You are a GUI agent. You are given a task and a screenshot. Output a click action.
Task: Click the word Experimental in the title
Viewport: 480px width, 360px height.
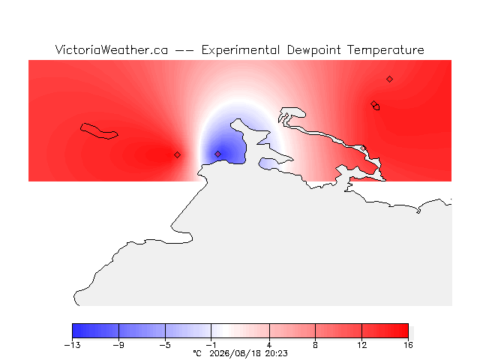point(241,50)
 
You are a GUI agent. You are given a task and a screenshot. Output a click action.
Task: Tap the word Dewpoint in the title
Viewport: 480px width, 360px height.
point(313,50)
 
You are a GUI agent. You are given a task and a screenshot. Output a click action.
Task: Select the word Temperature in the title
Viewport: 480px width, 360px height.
point(385,50)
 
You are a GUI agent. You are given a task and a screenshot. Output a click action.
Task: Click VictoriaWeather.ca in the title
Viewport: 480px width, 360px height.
point(112,50)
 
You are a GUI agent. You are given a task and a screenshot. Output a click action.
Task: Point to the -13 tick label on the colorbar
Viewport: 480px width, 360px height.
point(73,345)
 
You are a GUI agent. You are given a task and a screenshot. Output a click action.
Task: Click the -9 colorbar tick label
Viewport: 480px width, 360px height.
point(118,345)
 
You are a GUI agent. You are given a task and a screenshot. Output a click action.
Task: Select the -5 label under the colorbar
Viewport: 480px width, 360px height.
point(165,345)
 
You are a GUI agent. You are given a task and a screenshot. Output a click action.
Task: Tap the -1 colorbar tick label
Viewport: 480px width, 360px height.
point(211,345)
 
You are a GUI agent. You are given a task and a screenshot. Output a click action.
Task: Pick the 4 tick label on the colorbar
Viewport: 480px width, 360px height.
point(269,345)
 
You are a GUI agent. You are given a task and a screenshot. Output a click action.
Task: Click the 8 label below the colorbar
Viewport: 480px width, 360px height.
point(315,345)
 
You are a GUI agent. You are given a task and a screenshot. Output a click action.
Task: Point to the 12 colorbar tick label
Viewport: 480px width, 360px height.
point(361,345)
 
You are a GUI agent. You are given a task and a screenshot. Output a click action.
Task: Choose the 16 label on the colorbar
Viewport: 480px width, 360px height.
point(408,345)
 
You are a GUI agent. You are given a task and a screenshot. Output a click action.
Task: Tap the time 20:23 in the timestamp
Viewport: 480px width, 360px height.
point(277,353)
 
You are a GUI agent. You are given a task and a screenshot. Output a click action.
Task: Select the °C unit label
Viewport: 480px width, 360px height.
point(197,353)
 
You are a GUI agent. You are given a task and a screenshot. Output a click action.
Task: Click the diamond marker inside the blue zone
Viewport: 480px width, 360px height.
point(217,154)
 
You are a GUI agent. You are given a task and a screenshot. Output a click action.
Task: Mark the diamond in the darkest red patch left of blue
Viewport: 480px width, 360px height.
point(177,155)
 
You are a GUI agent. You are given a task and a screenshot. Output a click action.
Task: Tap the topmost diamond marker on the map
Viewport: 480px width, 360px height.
point(389,79)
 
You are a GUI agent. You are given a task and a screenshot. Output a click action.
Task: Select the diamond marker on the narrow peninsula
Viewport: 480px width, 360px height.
point(363,148)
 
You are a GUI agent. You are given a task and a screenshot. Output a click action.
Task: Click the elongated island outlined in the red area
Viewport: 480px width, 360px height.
point(98,131)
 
